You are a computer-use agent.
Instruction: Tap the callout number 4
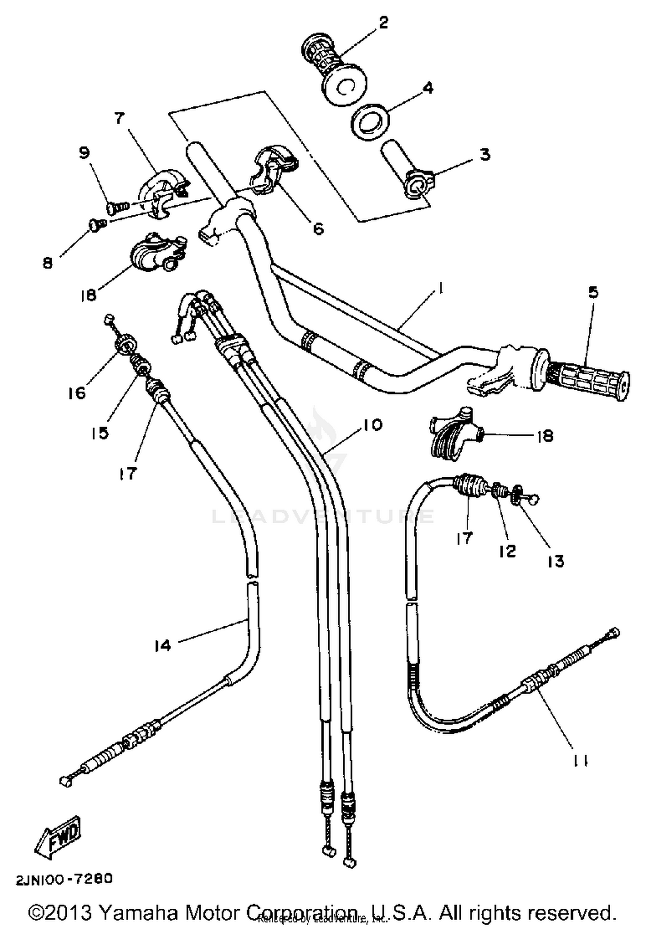428,88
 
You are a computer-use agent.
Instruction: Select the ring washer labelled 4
371,121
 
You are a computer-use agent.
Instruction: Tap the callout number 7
119,118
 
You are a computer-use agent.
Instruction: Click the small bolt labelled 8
96,224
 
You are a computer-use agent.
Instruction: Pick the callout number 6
318,229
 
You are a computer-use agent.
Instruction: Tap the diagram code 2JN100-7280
64,879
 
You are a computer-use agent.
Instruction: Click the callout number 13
556,561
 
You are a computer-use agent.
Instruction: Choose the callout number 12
508,551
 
